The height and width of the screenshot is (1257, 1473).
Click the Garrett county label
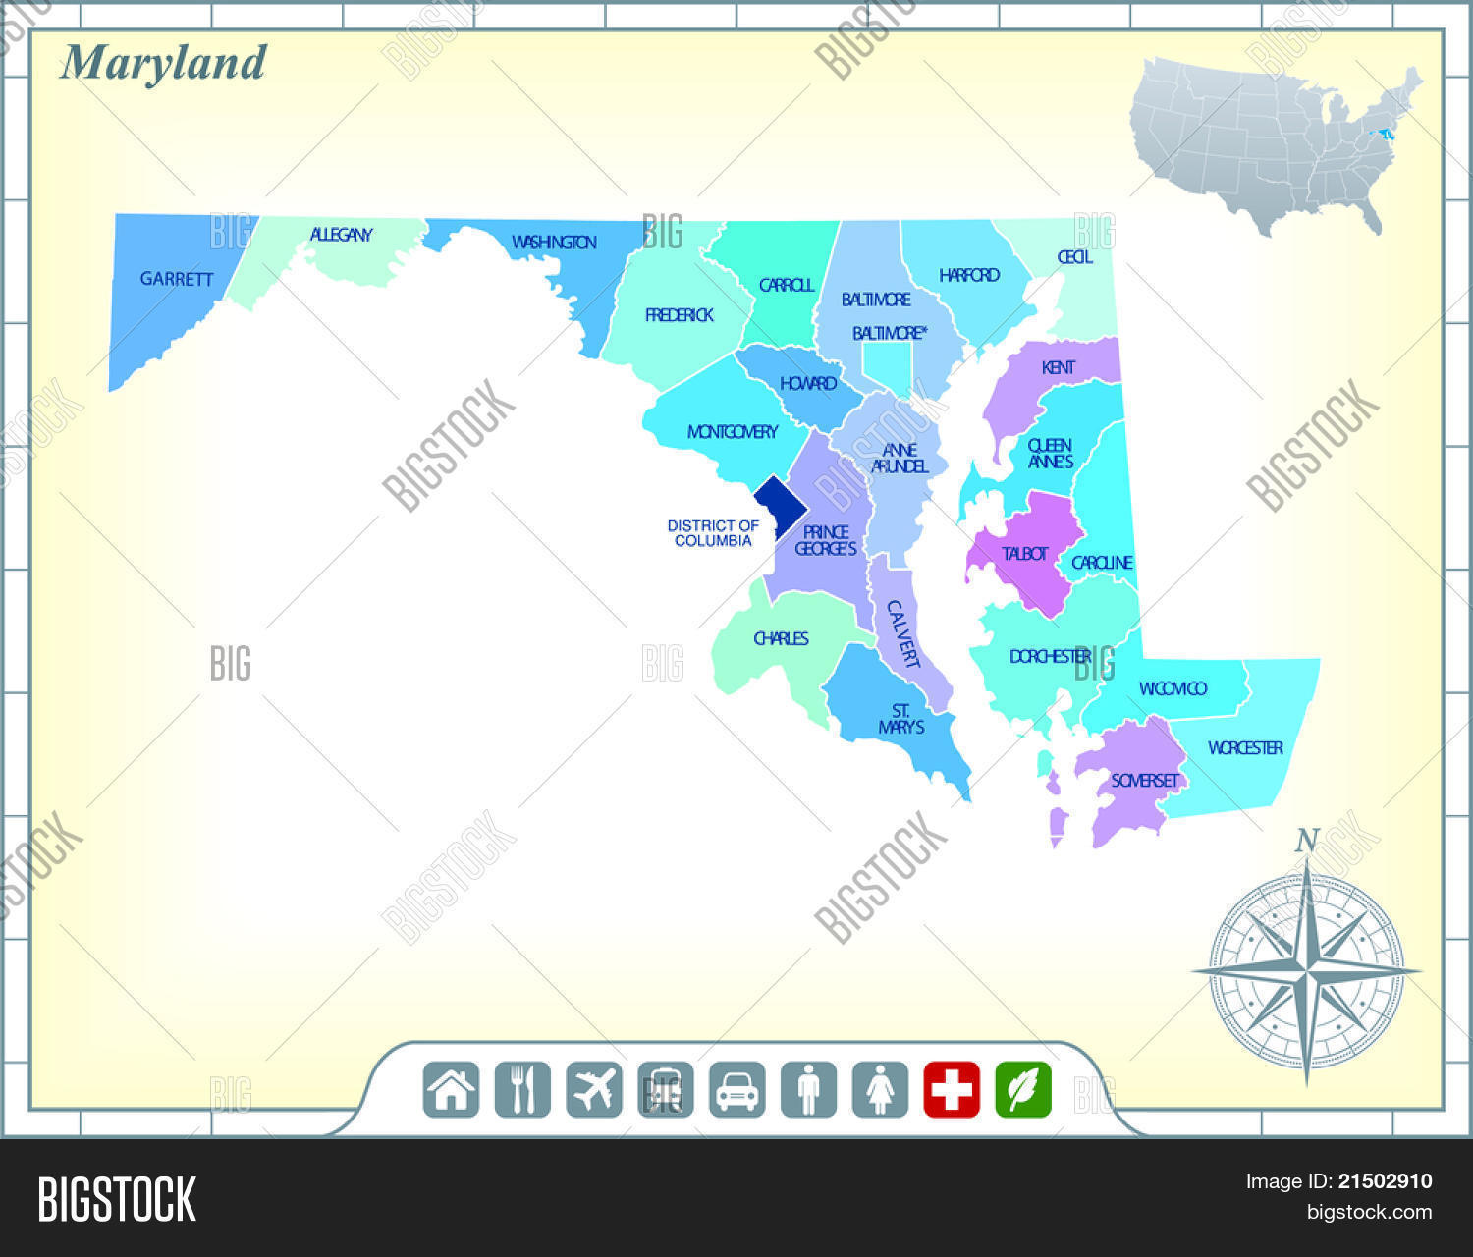pos(177,279)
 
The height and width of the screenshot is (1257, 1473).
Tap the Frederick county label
pos(679,315)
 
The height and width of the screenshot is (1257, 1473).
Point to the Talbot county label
pos(1024,554)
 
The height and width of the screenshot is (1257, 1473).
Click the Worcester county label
pos(1245,748)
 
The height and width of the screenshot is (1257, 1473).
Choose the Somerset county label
pos(1144,781)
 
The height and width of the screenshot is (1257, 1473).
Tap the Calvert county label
pos(902,634)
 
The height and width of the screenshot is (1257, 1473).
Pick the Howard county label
pos(808,383)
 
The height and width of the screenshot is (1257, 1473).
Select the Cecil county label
pos(1074,257)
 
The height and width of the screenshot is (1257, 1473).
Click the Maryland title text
pos(163,64)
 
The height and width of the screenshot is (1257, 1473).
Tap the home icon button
pos(452,1090)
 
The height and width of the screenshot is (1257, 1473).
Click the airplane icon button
pos(594,1090)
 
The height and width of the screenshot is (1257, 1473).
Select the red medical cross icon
pos(952,1090)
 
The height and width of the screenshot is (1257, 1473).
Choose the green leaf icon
pos(1023,1090)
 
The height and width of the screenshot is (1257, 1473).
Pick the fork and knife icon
pos(522,1090)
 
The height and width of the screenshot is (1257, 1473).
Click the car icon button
pos(736,1090)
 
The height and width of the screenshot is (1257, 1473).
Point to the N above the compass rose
pos(1306,841)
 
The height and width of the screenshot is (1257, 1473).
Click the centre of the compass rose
pos(1306,970)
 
